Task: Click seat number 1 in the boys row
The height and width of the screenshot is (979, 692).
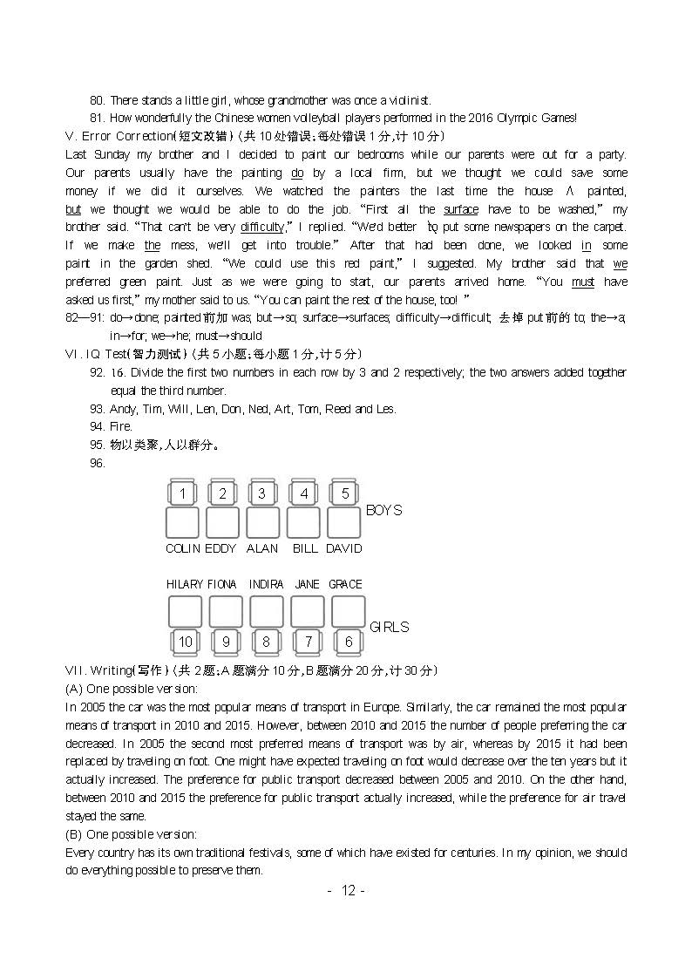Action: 182,494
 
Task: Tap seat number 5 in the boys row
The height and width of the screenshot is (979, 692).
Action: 345,494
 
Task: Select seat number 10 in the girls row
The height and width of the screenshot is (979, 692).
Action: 186,642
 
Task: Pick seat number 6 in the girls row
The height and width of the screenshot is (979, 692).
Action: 349,642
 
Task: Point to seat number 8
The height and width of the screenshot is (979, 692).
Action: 267,642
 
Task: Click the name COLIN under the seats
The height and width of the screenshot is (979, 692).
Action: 183,548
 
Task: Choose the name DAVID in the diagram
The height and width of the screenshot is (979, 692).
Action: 344,548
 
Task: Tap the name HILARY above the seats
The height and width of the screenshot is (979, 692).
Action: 185,584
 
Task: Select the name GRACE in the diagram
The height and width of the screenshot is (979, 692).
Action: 346,584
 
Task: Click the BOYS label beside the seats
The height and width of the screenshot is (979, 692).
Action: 383,510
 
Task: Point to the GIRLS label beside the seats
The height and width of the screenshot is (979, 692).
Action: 389,627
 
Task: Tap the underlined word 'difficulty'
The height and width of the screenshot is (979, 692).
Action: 262,228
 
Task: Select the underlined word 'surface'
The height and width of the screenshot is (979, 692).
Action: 461,209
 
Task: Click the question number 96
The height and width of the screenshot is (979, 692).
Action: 97,464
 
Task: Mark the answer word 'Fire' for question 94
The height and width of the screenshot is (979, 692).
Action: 120,427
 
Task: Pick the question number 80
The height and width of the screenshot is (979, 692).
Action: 97,100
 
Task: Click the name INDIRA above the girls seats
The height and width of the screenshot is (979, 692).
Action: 266,584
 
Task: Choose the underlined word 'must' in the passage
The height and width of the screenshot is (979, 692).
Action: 583,282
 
